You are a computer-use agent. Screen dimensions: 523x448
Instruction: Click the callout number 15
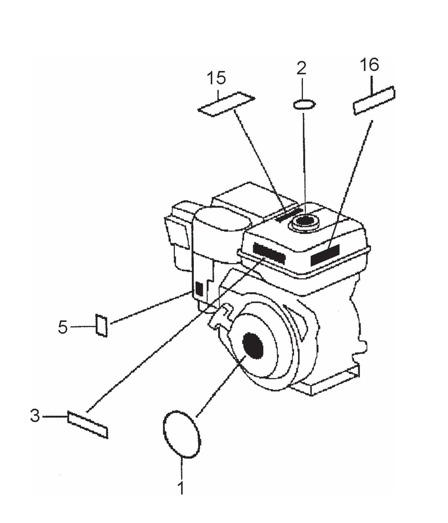216,78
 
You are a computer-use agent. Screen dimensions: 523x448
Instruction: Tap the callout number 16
370,65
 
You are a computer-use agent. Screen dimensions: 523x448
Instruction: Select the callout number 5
63,327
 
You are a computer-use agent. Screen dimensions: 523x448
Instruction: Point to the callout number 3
35,416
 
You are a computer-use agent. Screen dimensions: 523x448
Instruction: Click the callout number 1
181,488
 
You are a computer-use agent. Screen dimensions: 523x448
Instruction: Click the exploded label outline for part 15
226,104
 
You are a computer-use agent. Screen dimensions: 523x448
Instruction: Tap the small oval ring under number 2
304,104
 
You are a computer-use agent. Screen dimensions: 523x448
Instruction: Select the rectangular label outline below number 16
374,101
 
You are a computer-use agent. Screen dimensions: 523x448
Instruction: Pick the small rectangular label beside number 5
101,325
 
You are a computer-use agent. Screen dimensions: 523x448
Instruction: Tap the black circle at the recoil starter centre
253,346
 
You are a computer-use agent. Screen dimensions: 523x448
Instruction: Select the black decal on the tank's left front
269,253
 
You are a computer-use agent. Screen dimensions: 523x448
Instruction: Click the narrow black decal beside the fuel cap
288,215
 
